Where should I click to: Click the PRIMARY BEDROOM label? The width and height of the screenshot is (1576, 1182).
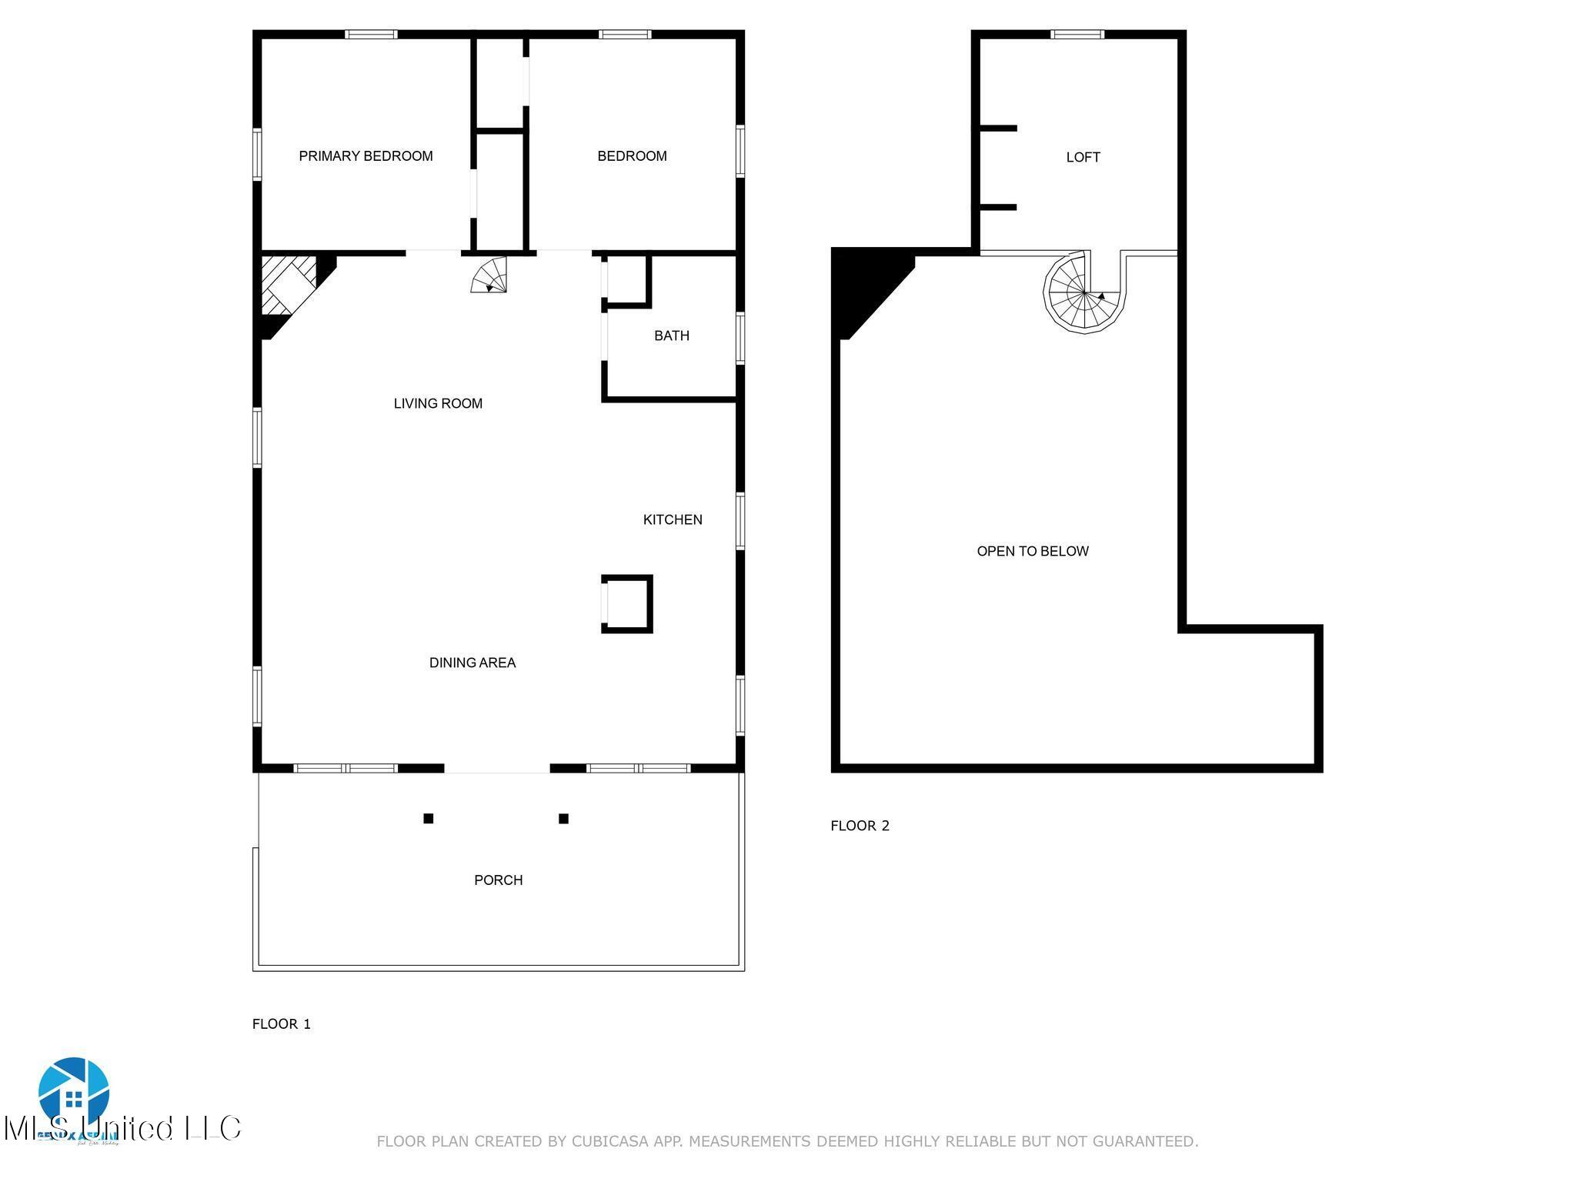tap(366, 156)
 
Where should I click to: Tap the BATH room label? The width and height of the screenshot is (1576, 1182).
tap(671, 336)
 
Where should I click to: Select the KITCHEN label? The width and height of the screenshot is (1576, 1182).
tap(673, 519)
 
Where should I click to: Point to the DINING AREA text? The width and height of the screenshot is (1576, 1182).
tap(472, 663)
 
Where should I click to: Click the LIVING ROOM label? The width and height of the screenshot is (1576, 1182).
tap(438, 403)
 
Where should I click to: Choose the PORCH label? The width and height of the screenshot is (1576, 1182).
tap(498, 880)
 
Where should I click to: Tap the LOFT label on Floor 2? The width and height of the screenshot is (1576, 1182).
tap(1083, 157)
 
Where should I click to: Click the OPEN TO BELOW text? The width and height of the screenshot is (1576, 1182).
tap(1032, 551)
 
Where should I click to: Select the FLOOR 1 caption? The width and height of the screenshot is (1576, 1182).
tap(282, 1023)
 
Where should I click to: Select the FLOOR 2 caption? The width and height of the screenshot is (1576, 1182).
tap(860, 826)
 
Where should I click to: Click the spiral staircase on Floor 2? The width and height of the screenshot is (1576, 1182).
tap(1083, 294)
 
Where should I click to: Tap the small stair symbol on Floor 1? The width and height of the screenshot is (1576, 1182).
tap(490, 275)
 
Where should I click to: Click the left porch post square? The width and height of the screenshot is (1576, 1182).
tap(429, 818)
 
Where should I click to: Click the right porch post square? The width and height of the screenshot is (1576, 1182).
tap(563, 818)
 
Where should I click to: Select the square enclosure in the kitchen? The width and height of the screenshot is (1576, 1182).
tap(627, 604)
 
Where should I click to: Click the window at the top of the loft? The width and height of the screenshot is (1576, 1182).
tap(1077, 34)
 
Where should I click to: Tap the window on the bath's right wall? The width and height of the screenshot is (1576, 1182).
tap(740, 338)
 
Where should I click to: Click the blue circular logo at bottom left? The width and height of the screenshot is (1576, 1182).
tap(74, 1093)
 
